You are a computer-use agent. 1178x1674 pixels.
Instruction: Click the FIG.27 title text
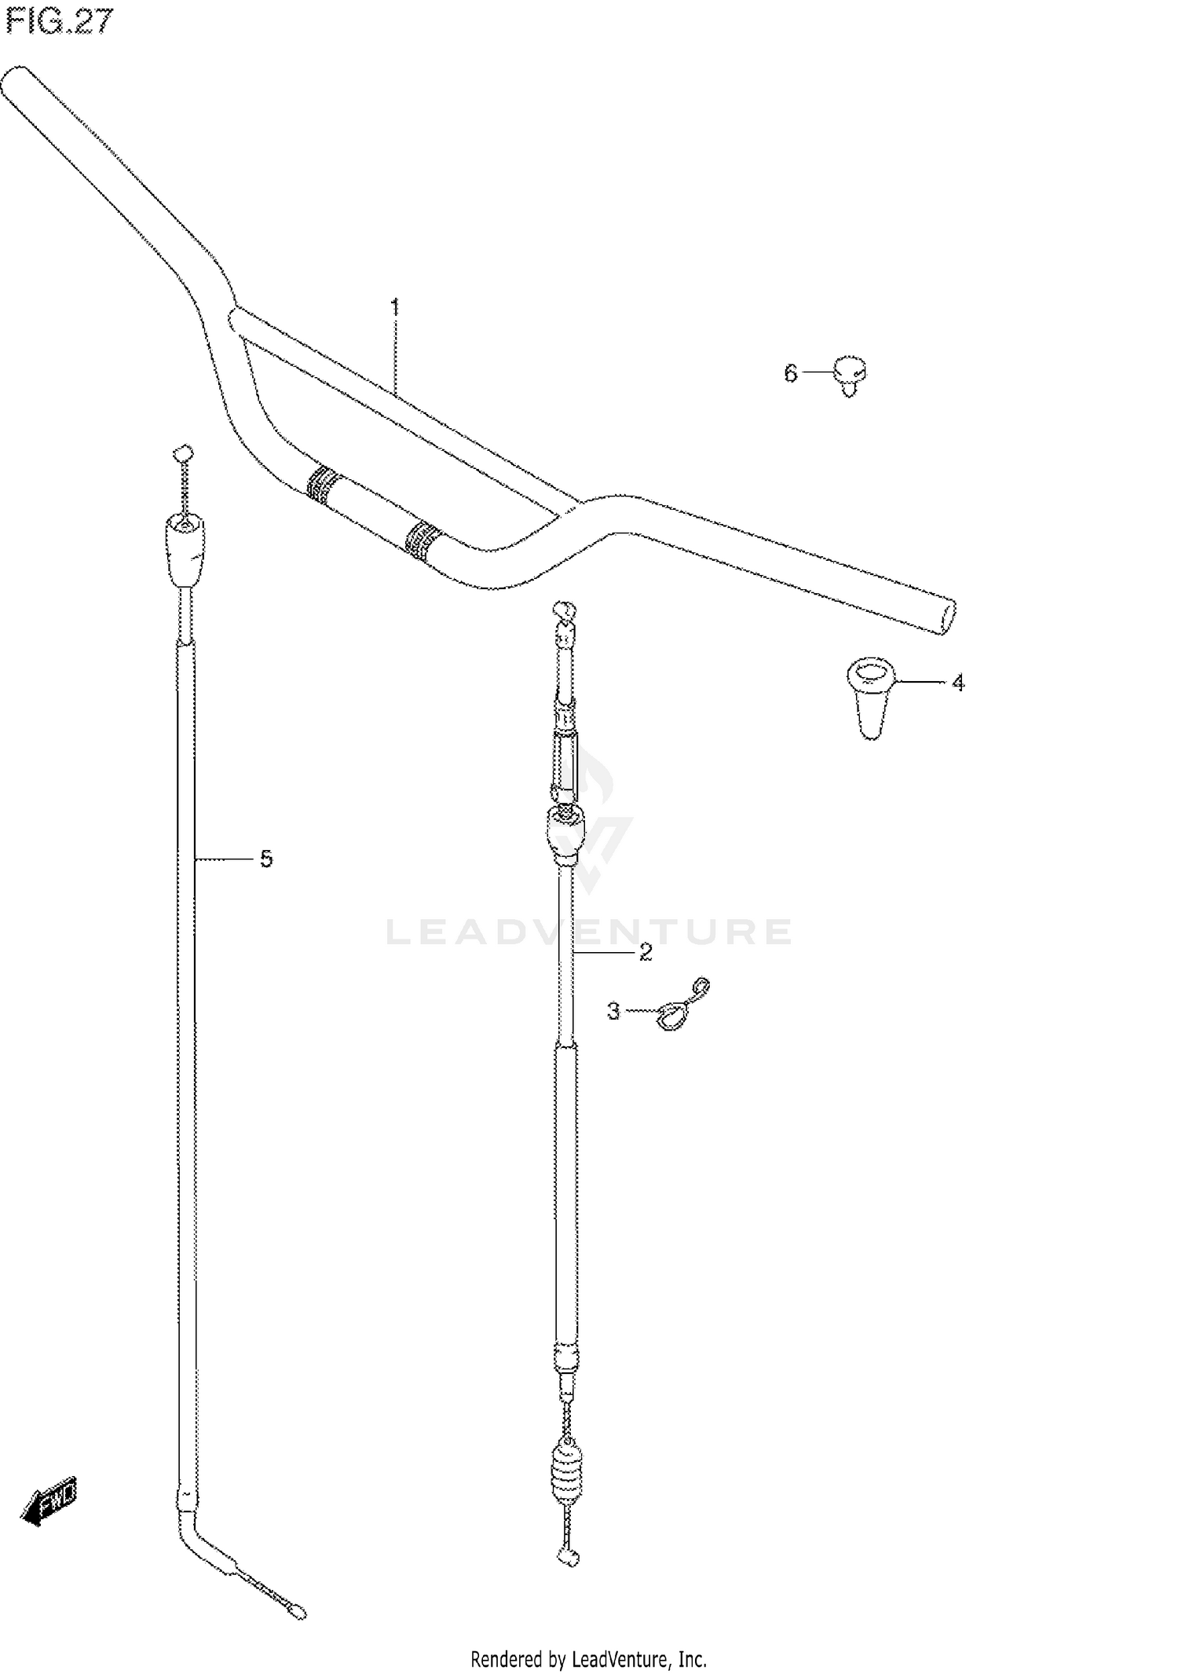click(59, 21)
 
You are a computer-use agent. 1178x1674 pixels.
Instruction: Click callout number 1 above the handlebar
click(395, 306)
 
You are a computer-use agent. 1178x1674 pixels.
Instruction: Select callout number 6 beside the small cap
click(791, 373)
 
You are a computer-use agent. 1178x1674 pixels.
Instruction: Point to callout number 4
click(957, 683)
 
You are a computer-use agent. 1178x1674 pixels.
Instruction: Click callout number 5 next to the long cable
click(266, 859)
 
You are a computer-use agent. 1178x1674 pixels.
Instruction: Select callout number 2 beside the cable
click(646, 952)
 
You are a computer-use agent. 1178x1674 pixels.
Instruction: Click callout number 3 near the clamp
click(613, 1011)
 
